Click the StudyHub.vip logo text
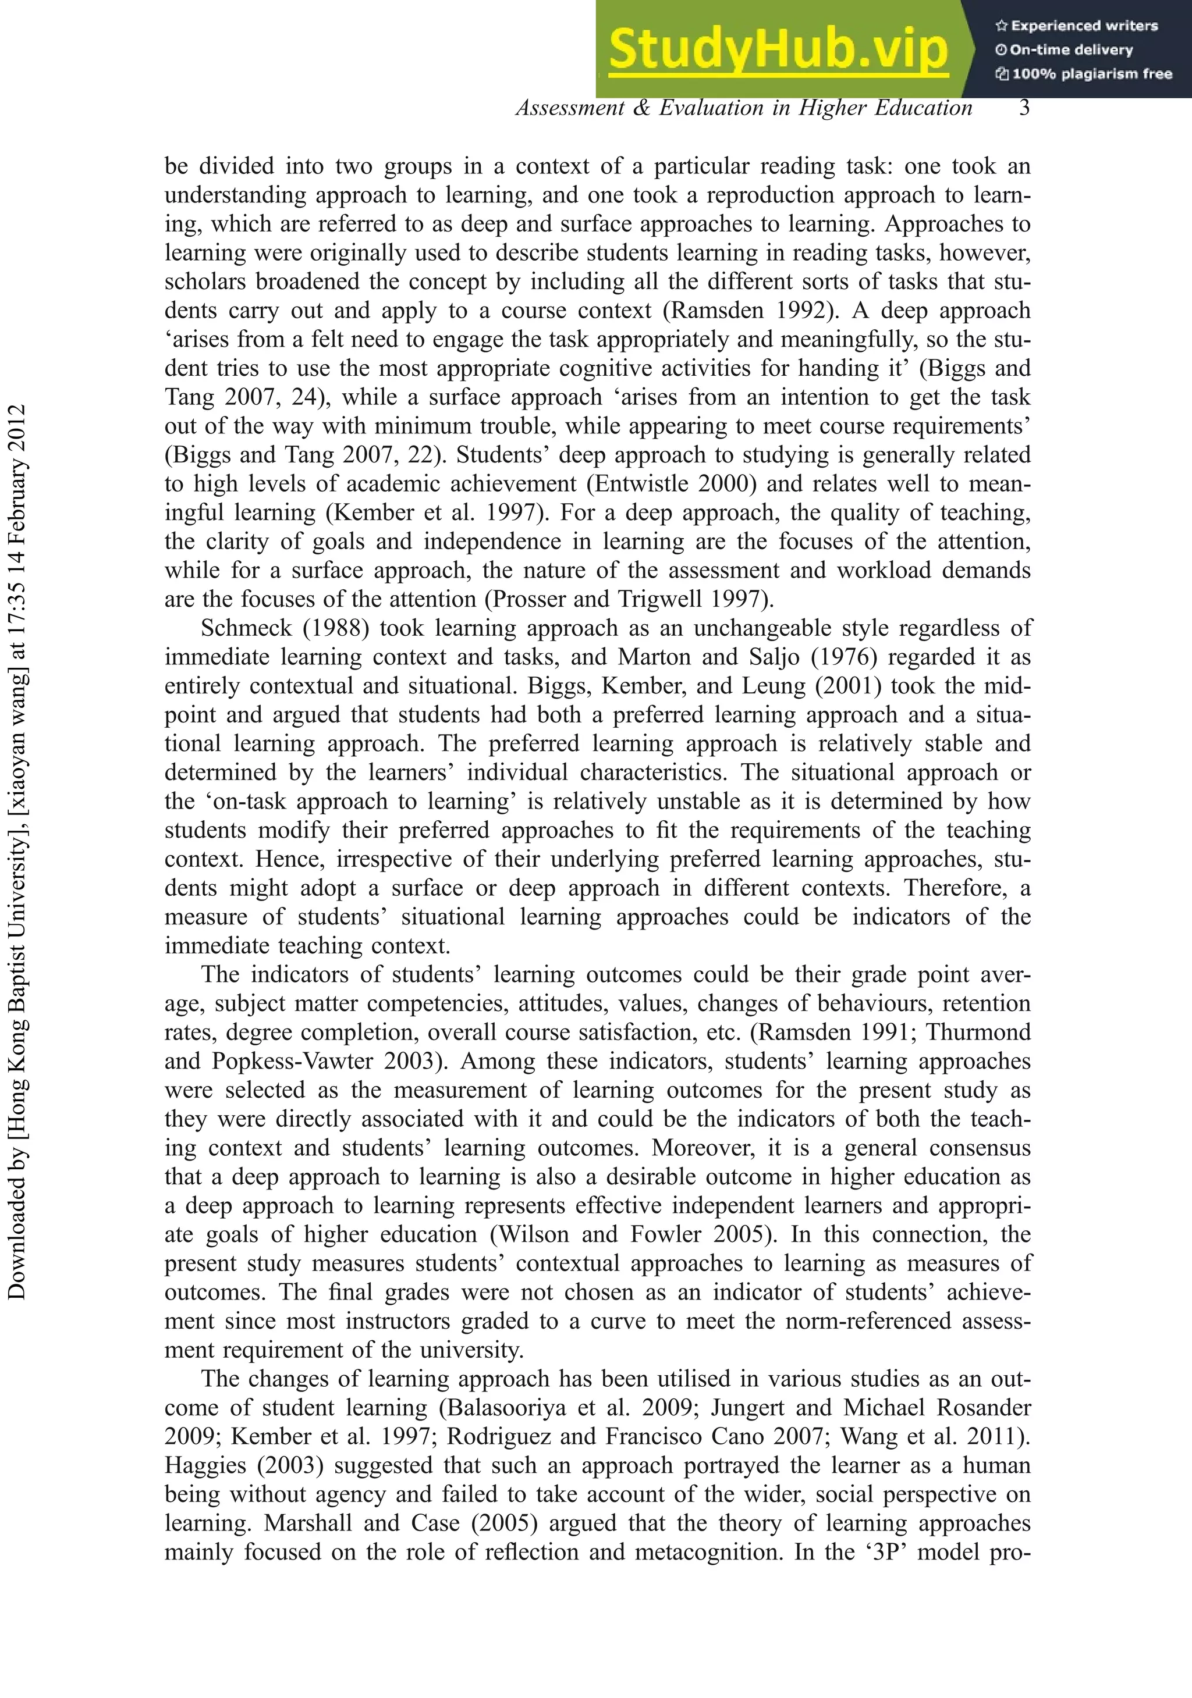pyautogui.click(x=778, y=49)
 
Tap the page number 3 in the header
pyautogui.click(x=1024, y=108)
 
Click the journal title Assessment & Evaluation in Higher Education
pyautogui.click(x=744, y=108)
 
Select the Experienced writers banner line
pyautogui.click(x=1077, y=26)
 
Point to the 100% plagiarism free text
pyautogui.click(x=1084, y=74)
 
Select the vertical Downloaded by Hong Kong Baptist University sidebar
pyautogui.click(x=16, y=850)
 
